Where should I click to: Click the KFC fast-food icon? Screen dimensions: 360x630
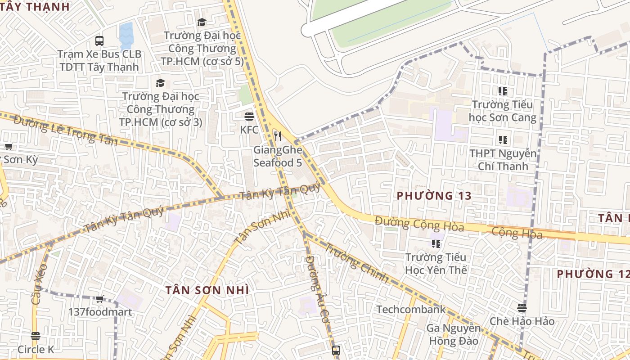click(249, 117)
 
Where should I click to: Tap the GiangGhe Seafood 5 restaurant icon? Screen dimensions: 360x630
click(278, 136)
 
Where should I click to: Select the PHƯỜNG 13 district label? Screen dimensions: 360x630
click(434, 196)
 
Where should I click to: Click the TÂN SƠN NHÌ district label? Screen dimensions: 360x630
click(207, 290)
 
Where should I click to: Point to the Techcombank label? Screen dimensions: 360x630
click(411, 310)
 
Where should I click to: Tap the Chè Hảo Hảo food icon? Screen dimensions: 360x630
click(522, 308)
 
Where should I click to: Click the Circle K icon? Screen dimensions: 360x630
click(36, 336)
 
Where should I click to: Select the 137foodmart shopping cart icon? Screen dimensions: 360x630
click(100, 299)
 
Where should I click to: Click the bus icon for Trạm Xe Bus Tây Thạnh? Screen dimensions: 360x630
click(99, 41)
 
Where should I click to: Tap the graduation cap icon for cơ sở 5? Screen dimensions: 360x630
click(202, 22)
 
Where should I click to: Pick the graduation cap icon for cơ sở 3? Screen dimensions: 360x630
click(160, 83)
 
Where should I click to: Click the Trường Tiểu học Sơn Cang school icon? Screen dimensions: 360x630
click(503, 91)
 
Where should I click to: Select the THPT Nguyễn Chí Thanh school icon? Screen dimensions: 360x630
click(503, 140)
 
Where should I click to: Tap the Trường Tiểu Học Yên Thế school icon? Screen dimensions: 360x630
click(436, 244)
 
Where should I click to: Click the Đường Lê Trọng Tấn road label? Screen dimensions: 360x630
click(65, 131)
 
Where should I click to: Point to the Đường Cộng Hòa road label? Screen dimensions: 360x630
click(419, 224)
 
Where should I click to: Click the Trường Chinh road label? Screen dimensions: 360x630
click(357, 263)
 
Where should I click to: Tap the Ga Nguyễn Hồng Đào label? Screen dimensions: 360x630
click(454, 335)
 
